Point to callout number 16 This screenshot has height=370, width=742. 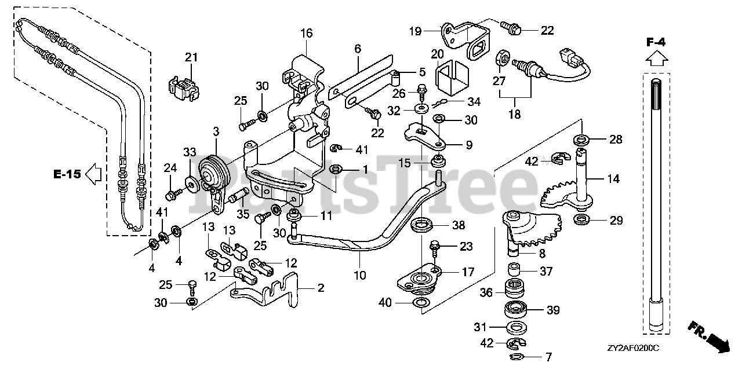(x=306, y=34)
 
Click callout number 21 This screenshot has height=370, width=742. (x=191, y=57)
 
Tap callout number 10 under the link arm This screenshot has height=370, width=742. (x=360, y=275)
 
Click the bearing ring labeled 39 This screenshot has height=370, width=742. (x=518, y=309)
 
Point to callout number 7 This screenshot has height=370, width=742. (x=548, y=357)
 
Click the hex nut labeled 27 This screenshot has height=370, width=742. (x=503, y=58)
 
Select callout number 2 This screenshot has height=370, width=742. (x=320, y=287)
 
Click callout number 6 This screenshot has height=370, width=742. (x=358, y=49)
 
